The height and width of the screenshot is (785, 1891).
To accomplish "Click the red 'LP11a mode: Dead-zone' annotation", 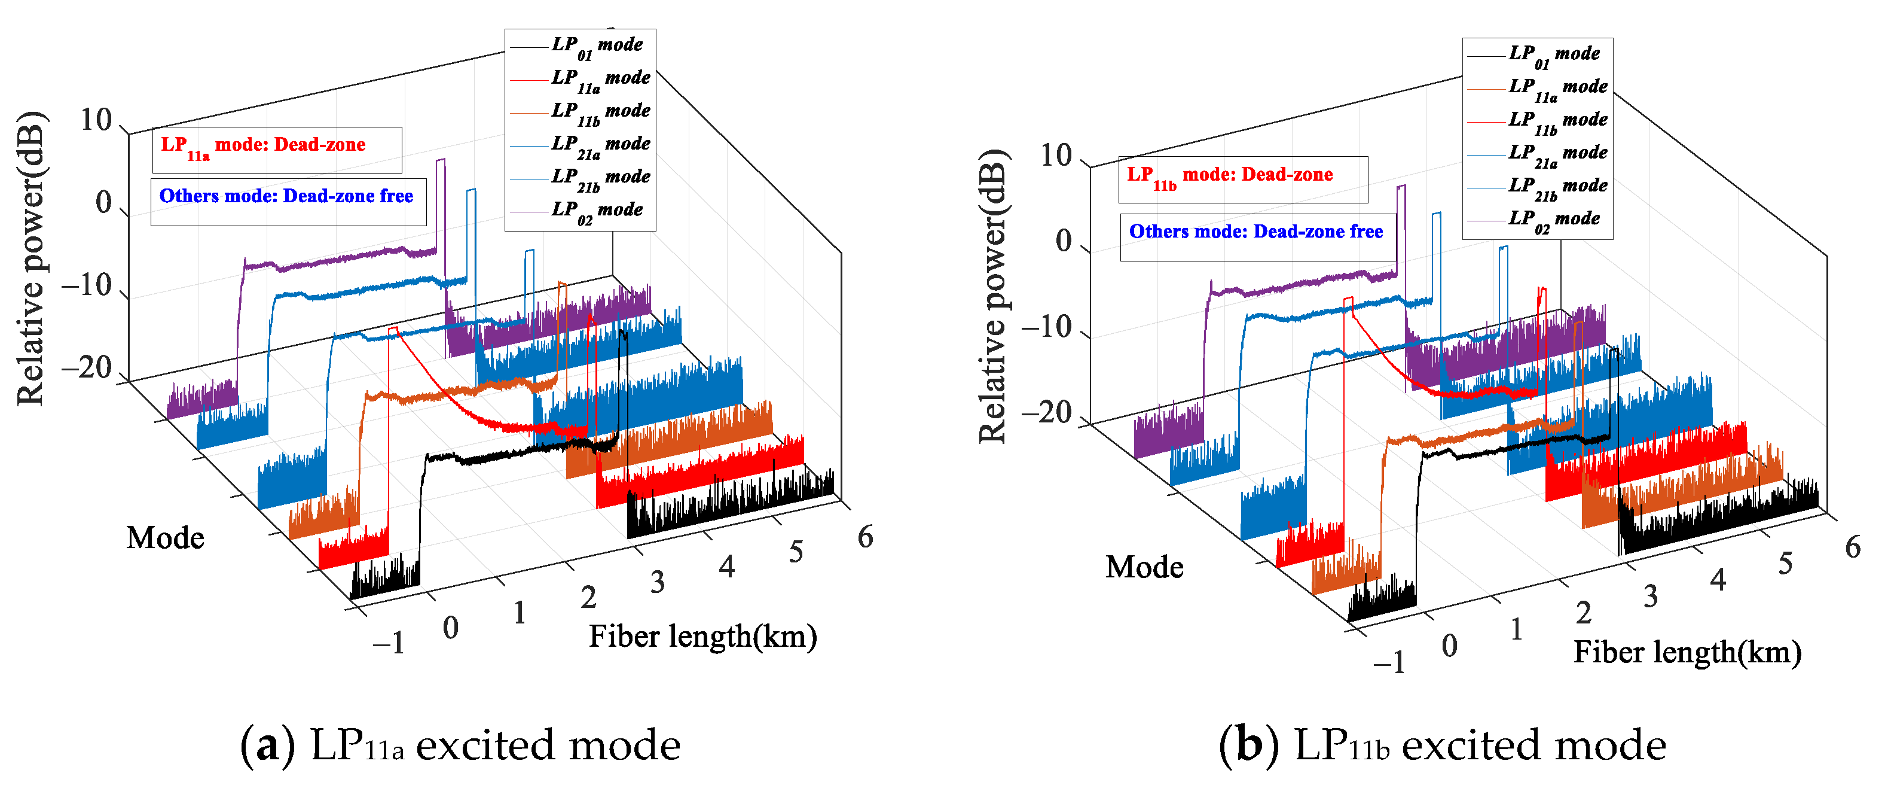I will coord(276,147).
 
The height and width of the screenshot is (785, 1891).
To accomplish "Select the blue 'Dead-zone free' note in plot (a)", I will coord(287,197).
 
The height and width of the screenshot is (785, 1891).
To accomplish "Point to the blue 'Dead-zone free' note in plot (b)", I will coord(1256,233).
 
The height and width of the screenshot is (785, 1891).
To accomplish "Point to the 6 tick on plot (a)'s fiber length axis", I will coord(864,537).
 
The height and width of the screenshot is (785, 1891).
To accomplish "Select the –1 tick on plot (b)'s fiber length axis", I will coord(1389,662).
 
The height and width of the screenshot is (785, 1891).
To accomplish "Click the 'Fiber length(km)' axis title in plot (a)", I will coord(702,637).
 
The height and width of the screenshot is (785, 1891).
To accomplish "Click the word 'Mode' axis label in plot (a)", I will coord(165,538).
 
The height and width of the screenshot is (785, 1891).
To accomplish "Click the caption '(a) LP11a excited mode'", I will coord(460,746).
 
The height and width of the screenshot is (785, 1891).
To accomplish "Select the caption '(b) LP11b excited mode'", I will coord(1442,746).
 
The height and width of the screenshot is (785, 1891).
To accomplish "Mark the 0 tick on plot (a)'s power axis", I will coord(103,203).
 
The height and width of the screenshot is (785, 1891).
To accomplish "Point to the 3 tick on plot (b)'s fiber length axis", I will coord(1650,597).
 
